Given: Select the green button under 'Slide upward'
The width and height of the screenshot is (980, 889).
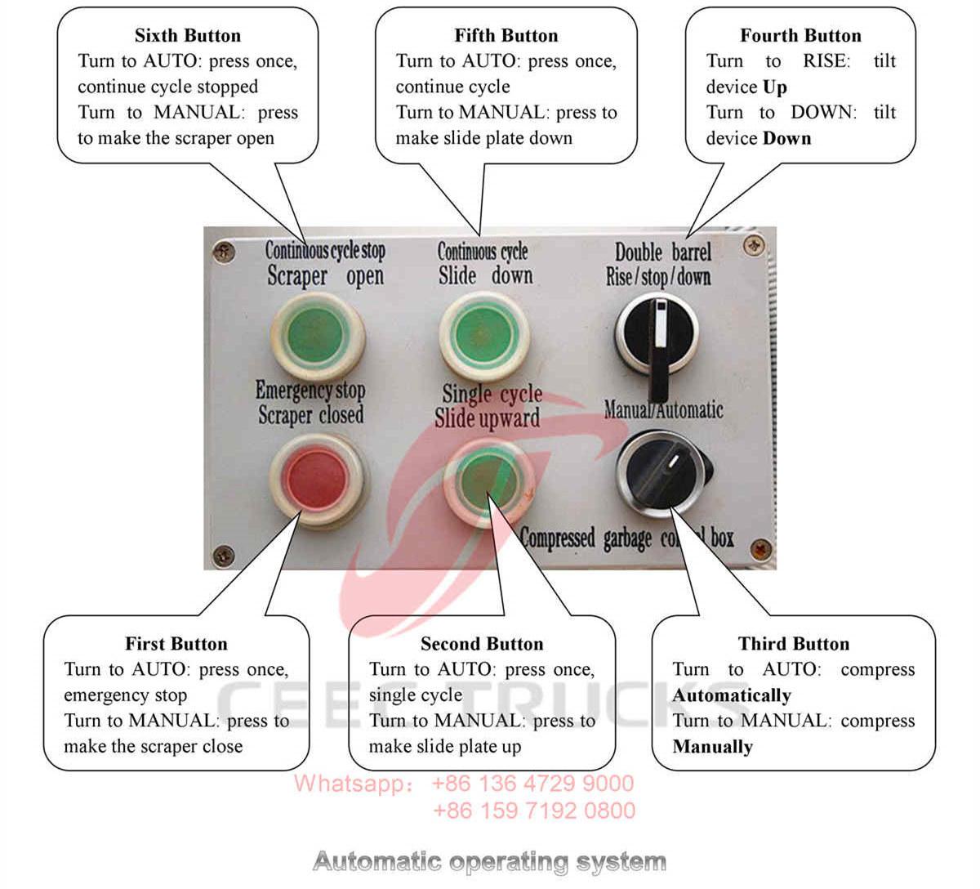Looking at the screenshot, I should [488, 477].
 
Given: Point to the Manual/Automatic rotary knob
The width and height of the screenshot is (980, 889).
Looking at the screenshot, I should [663, 474].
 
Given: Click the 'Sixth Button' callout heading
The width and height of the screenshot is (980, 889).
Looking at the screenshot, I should [188, 36].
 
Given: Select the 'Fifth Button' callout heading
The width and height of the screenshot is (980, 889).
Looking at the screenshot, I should [506, 36].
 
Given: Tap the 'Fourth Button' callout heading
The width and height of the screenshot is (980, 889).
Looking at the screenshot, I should [800, 36].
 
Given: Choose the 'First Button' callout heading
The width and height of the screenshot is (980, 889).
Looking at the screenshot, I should [176, 644].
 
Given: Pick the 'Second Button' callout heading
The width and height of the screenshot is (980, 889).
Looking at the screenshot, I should [482, 644].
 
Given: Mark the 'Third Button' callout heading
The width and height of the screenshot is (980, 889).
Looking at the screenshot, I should [794, 644].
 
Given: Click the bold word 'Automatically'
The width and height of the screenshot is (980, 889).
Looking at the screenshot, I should [732, 696].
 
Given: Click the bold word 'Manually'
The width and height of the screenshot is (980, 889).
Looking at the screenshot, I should [713, 747].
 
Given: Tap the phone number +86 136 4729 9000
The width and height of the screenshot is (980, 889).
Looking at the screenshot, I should [532, 784].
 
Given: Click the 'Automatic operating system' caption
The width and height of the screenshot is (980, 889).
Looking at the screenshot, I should [489, 861].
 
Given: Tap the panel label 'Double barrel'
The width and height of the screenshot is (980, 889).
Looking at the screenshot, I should [662, 252].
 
